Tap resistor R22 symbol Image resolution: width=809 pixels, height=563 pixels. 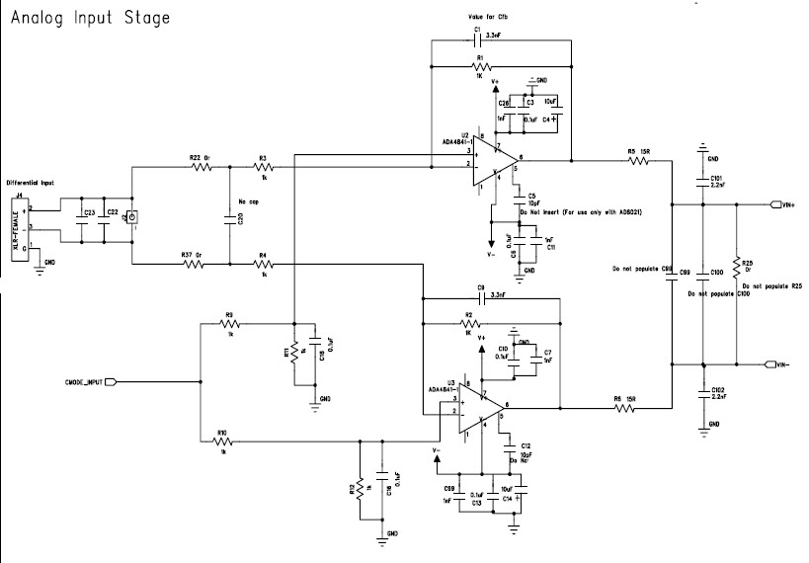tap(201, 167)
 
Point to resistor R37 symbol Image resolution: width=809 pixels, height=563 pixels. tap(201, 264)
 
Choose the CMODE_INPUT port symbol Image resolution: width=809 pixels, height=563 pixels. tap(111, 381)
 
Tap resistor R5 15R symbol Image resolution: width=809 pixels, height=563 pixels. tap(636, 160)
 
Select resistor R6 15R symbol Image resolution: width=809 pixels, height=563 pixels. tap(624, 406)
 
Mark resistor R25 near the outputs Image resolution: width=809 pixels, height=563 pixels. tap(735, 263)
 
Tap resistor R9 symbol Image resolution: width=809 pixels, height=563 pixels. tap(229, 323)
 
